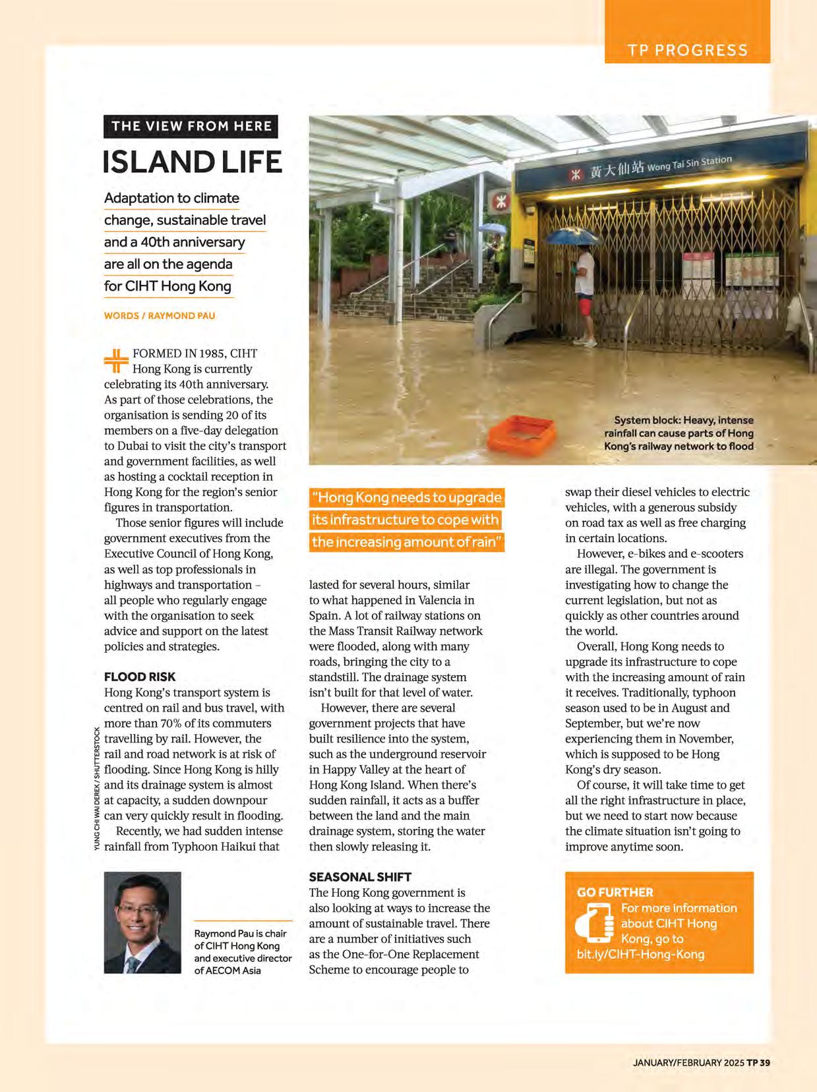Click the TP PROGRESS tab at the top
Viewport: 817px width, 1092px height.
[687, 51]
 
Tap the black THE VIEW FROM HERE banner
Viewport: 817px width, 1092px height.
[191, 126]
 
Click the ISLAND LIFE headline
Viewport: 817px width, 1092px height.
[193, 162]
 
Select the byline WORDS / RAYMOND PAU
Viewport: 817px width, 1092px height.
[160, 315]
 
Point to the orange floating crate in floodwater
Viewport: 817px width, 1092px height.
[521, 431]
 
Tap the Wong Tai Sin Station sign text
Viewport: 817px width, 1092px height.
[689, 163]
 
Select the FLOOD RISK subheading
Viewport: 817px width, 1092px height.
[140, 677]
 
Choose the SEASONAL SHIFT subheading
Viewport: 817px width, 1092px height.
[360, 877]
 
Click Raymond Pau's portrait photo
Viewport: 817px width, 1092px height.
[142, 923]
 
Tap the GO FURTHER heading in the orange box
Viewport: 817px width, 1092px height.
[615, 892]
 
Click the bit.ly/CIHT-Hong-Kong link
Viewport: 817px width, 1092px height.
[636, 954]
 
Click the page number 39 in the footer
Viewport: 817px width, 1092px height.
[764, 1062]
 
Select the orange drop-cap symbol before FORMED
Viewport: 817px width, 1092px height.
[116, 361]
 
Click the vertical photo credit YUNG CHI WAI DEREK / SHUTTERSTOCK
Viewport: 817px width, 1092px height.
[97, 789]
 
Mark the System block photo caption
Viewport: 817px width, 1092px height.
[679, 433]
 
